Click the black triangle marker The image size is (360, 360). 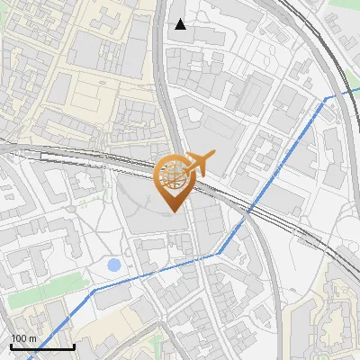(x=181, y=24)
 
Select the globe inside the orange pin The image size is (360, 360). (x=172, y=175)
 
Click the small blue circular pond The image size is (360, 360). (x=113, y=265)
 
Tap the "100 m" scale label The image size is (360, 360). (x=23, y=338)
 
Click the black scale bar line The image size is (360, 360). (x=42, y=346)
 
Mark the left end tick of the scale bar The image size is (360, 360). (x=11, y=345)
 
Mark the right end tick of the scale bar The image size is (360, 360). (x=74, y=345)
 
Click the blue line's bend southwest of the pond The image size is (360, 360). (x=94, y=290)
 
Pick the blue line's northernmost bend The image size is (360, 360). (x=326, y=97)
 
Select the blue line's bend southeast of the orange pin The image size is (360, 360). (x=216, y=255)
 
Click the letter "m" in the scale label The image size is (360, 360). (x=32, y=338)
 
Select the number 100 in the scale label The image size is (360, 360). (x=19, y=338)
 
